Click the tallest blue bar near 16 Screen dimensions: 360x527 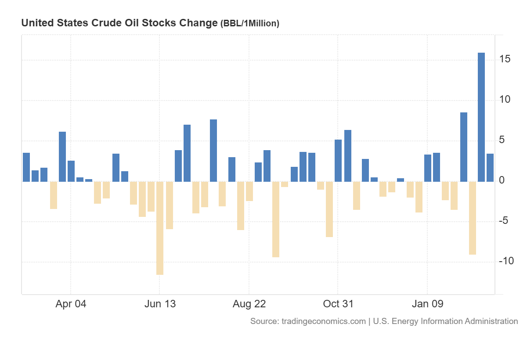[481, 117]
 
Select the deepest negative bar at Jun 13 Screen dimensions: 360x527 [160, 228]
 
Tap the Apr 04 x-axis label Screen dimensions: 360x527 [71, 304]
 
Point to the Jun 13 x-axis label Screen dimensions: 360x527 [159, 304]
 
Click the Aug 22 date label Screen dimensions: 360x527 [249, 304]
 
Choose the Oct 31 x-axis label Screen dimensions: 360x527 [338, 304]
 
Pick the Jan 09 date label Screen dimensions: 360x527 [427, 304]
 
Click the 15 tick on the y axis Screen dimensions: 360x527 [504, 59]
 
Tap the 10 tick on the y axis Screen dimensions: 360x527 [504, 100]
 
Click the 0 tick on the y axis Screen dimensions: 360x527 [502, 180]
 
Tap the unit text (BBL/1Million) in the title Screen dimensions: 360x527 [249, 24]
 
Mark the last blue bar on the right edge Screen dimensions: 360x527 [490, 167]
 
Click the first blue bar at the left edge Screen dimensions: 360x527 [26, 167]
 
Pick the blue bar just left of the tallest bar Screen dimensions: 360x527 [464, 147]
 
